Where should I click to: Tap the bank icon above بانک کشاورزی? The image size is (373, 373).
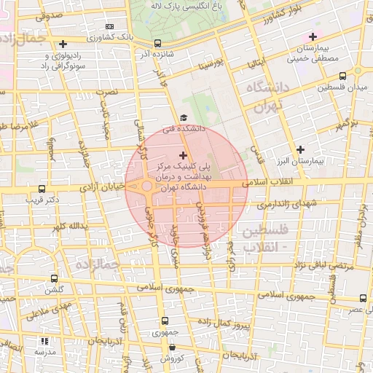[x=110, y=27]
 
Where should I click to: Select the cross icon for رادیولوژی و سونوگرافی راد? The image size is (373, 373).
[x=63, y=44]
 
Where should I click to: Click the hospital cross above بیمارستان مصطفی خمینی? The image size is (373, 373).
[x=313, y=36]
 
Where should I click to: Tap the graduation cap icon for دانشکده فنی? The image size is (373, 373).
[x=183, y=117]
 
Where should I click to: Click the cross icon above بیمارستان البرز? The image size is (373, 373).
[x=299, y=149]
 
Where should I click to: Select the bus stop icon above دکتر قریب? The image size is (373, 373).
[x=42, y=188]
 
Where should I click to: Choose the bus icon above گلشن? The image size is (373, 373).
[x=55, y=278]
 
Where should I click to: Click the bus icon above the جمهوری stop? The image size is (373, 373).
[x=166, y=320]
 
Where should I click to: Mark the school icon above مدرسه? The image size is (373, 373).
[x=44, y=341]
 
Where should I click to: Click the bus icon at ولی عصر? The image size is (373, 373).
[x=363, y=298]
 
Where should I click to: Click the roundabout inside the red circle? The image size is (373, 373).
[x=147, y=187]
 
